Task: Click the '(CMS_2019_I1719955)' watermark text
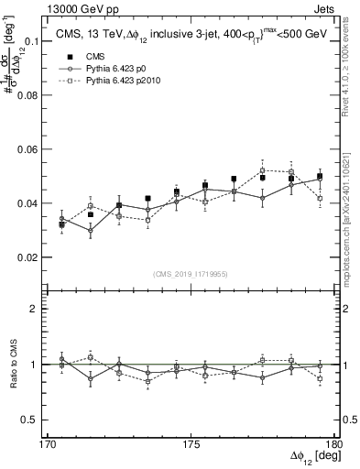(x=191, y=274)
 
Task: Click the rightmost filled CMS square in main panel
(x=320, y=176)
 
